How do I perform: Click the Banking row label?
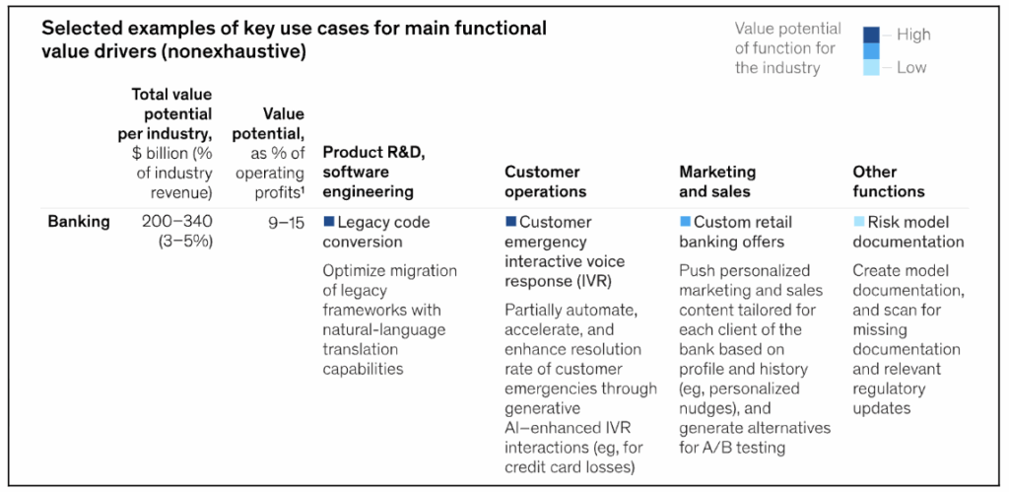(x=79, y=222)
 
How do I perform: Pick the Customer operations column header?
(x=545, y=181)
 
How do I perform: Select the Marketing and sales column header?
(x=717, y=181)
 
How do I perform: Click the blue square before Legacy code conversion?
(x=329, y=222)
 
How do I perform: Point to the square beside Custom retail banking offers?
(x=685, y=222)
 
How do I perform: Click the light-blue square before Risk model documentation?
(x=859, y=222)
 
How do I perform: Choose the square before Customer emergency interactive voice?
(x=510, y=222)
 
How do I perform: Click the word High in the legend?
(x=913, y=35)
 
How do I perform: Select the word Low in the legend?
(x=911, y=68)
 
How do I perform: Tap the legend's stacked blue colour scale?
(x=871, y=51)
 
